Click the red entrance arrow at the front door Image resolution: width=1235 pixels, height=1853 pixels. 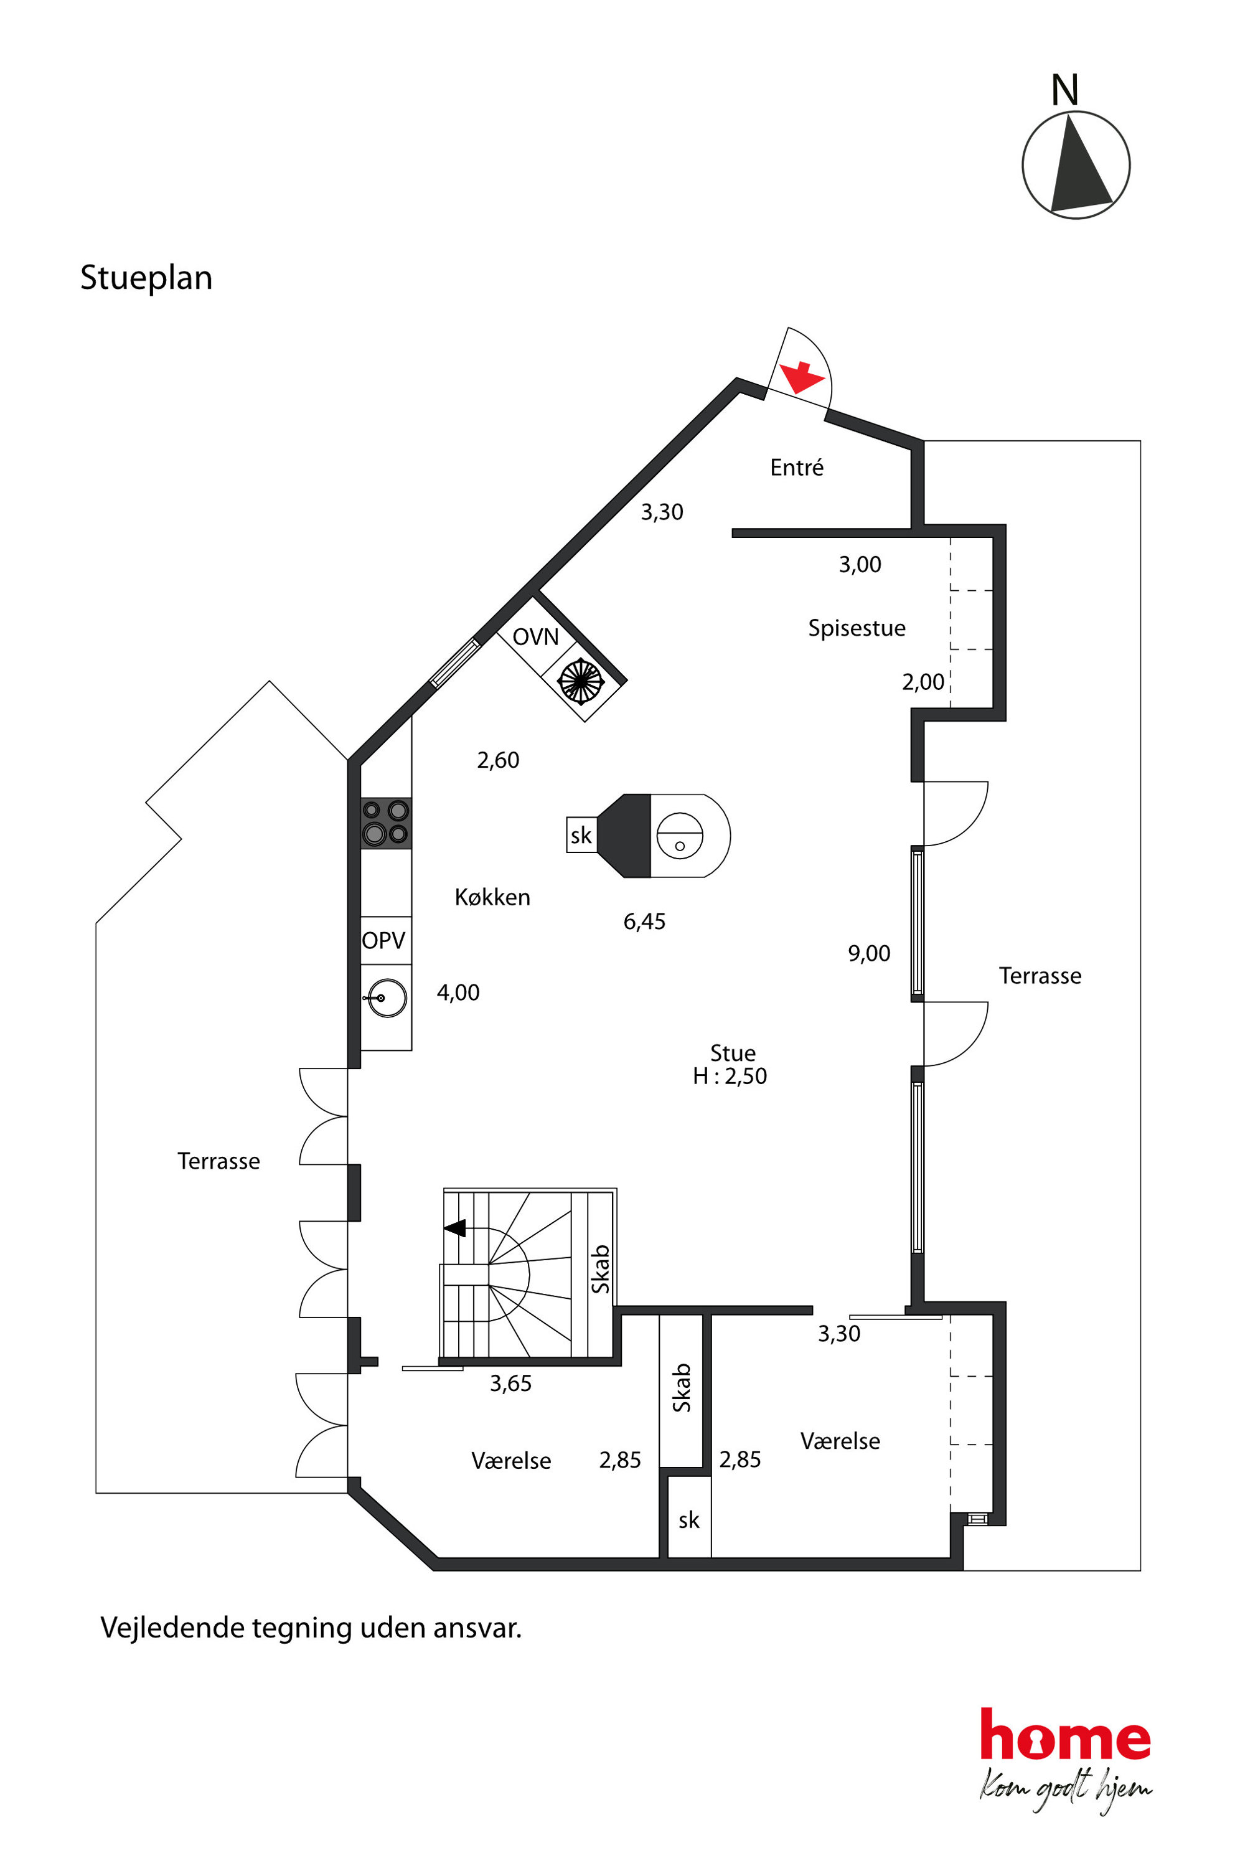(802, 377)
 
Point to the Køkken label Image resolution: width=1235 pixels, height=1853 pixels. (492, 897)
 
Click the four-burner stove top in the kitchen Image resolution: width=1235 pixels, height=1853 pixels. (386, 823)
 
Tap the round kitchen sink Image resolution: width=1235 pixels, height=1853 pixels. (387, 998)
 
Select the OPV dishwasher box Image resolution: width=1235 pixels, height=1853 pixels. (386, 940)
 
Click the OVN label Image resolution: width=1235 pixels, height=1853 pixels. (535, 636)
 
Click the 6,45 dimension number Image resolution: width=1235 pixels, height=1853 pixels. (644, 921)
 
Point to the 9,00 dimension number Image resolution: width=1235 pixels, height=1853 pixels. (869, 953)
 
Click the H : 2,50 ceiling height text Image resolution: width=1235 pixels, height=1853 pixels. (730, 1076)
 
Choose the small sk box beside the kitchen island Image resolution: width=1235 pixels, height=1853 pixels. (581, 835)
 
